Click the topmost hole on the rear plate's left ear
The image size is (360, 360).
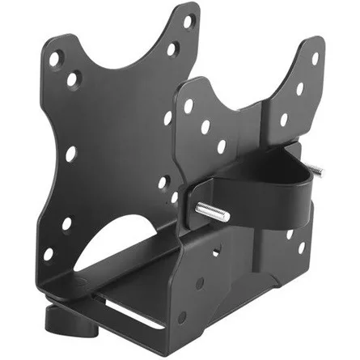pos(55,58)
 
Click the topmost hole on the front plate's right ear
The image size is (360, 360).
pos(316,58)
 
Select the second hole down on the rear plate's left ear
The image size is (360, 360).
pos(73,79)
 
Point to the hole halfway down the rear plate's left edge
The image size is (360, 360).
pos(70,151)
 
